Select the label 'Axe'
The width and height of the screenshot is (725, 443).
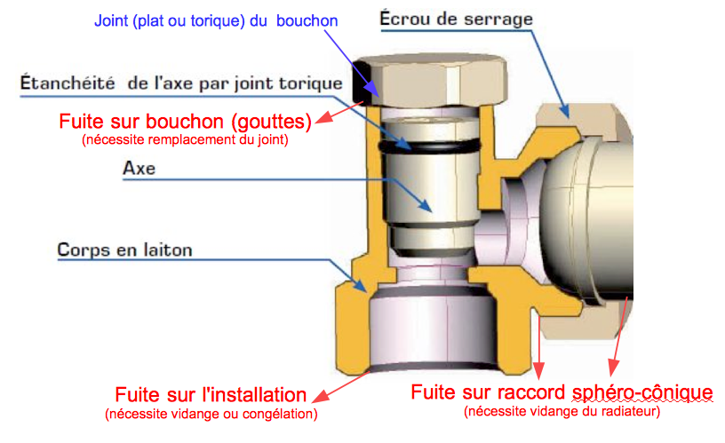[x=139, y=169]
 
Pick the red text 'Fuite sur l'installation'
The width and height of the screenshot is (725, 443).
[x=211, y=394]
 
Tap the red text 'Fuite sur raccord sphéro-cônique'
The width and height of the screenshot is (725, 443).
[x=562, y=392]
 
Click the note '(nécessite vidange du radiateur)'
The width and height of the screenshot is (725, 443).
[x=562, y=411]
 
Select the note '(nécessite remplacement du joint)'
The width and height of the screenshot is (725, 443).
[x=185, y=138]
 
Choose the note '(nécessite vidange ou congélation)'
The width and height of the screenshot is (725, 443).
[x=211, y=414]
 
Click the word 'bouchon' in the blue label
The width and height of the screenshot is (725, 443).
[x=307, y=19]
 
